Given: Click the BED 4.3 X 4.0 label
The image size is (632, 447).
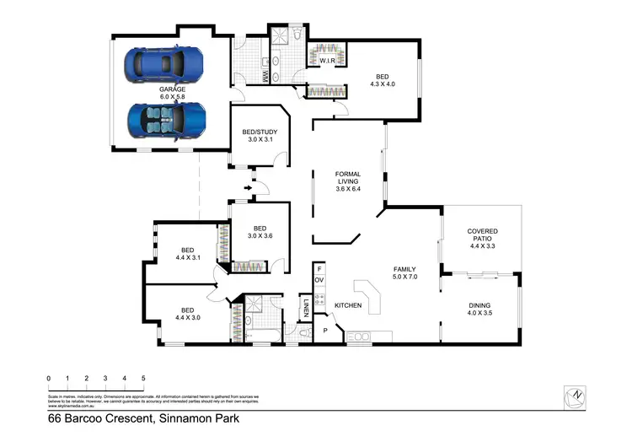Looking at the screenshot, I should coord(382,79).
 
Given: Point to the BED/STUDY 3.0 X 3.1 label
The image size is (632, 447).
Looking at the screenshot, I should coord(259,136).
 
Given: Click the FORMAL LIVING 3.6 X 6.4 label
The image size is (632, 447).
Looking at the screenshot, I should coord(348,180).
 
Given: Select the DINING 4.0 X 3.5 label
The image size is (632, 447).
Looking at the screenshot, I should coord(479,310).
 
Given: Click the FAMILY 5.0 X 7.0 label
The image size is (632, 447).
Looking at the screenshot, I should coord(405,272).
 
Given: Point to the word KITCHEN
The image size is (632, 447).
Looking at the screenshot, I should coord(348,304).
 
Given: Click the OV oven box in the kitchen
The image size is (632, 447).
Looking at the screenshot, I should coord(319,279).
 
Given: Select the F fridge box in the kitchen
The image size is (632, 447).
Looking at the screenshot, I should coord(319,267).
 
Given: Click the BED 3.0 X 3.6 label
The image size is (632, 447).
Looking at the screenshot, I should coord(260,232).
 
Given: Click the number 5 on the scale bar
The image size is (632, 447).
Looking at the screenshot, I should coord(143,378).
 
